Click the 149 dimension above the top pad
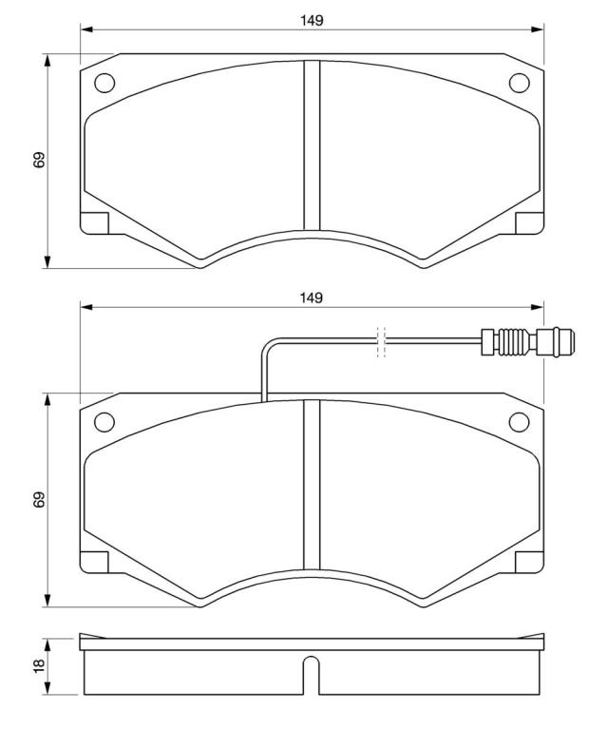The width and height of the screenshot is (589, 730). pyautogui.click(x=312, y=21)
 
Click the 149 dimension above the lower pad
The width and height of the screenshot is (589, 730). pyautogui.click(x=312, y=298)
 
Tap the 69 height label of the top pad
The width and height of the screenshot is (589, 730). pyautogui.click(x=40, y=160)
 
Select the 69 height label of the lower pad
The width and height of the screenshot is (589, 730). pyautogui.click(x=40, y=499)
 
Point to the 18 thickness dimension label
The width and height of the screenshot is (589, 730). pyautogui.click(x=40, y=664)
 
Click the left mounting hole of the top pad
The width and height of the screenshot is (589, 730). pyautogui.click(x=104, y=83)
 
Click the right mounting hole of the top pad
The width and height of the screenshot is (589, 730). pyautogui.click(x=520, y=83)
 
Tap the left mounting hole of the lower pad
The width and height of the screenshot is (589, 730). pyautogui.click(x=104, y=422)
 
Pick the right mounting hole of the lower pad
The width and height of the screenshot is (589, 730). pyautogui.click(x=520, y=422)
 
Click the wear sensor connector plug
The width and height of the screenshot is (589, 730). pyautogui.click(x=528, y=342)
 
